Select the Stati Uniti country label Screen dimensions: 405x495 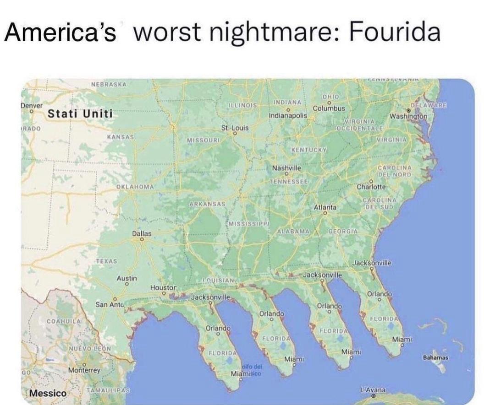click(80, 114)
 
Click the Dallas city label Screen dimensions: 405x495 click(142, 233)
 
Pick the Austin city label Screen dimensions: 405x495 click(126, 278)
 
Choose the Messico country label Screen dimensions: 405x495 click(47, 393)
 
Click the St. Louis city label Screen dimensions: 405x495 click(235, 128)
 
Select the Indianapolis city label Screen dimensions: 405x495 click(288, 116)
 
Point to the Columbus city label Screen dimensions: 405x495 click(329, 108)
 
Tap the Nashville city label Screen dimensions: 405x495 click(286, 168)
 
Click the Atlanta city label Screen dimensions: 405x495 click(325, 207)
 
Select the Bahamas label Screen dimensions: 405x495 click(436, 357)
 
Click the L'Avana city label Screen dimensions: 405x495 click(374, 389)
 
